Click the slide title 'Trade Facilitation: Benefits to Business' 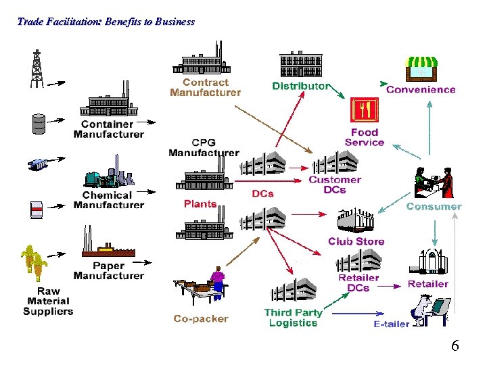[106, 22]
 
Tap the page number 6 [455, 346]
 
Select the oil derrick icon [37, 68]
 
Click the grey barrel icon [38, 123]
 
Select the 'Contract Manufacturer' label [205, 87]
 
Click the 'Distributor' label [301, 86]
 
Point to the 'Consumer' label [434, 206]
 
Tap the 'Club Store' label [356, 241]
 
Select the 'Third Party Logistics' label [293, 318]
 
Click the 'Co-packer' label [201, 318]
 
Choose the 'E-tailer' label [392, 324]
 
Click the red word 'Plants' [200, 203]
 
